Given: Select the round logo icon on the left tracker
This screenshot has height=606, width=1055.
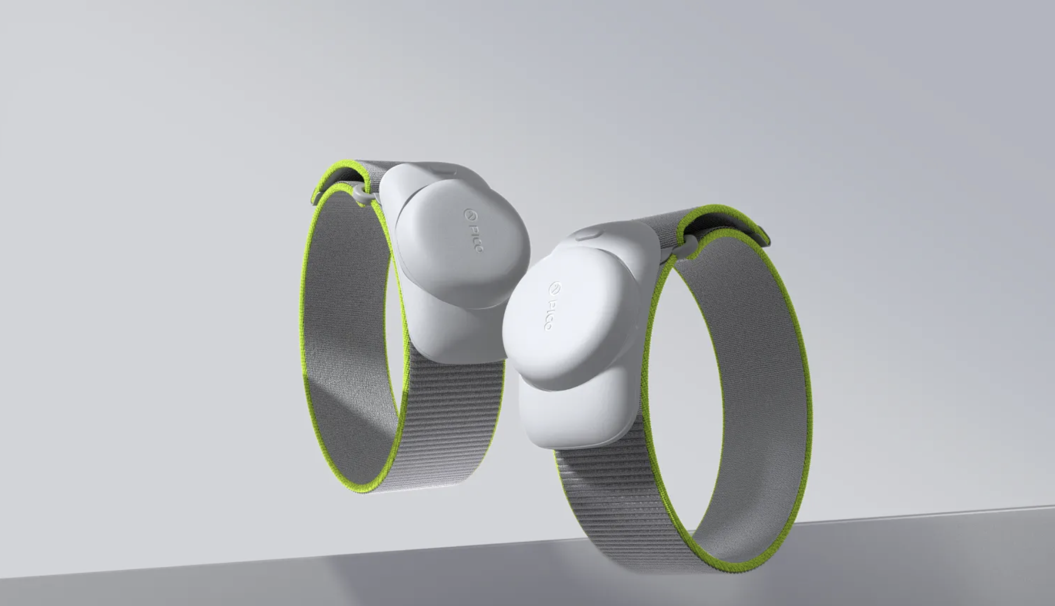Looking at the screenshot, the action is tap(467, 214).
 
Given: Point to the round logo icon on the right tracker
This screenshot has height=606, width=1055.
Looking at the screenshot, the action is tap(554, 288).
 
